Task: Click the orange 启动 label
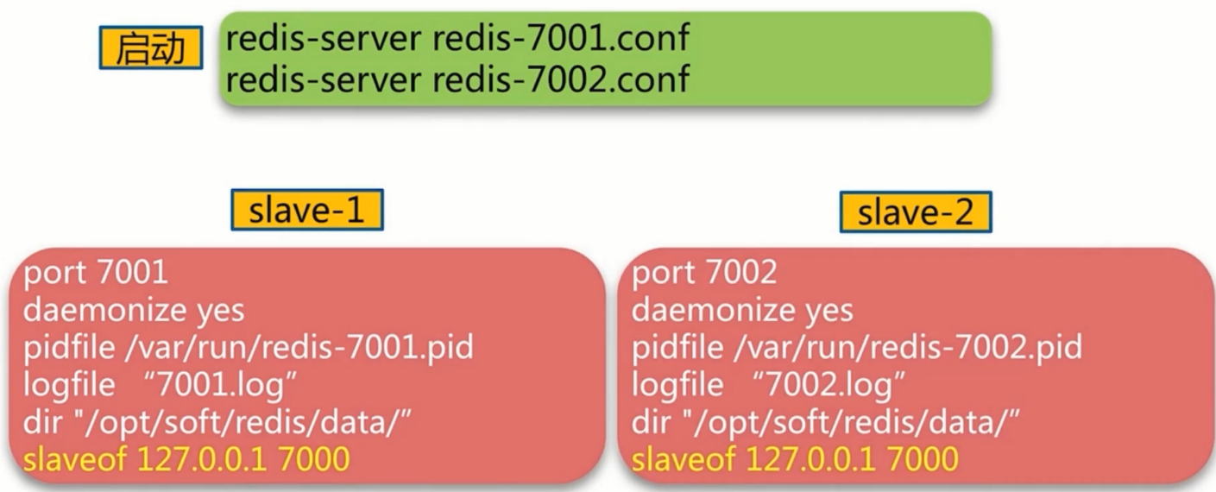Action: click(x=150, y=47)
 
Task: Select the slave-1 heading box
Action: click(x=306, y=210)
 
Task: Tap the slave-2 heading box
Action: click(x=915, y=212)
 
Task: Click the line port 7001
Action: click(x=95, y=273)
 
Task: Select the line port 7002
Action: click(x=704, y=273)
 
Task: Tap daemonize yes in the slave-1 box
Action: click(x=134, y=310)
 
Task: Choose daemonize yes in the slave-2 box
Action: click(x=742, y=310)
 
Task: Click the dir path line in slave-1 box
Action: click(x=217, y=423)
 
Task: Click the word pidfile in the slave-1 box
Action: click(x=69, y=348)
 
